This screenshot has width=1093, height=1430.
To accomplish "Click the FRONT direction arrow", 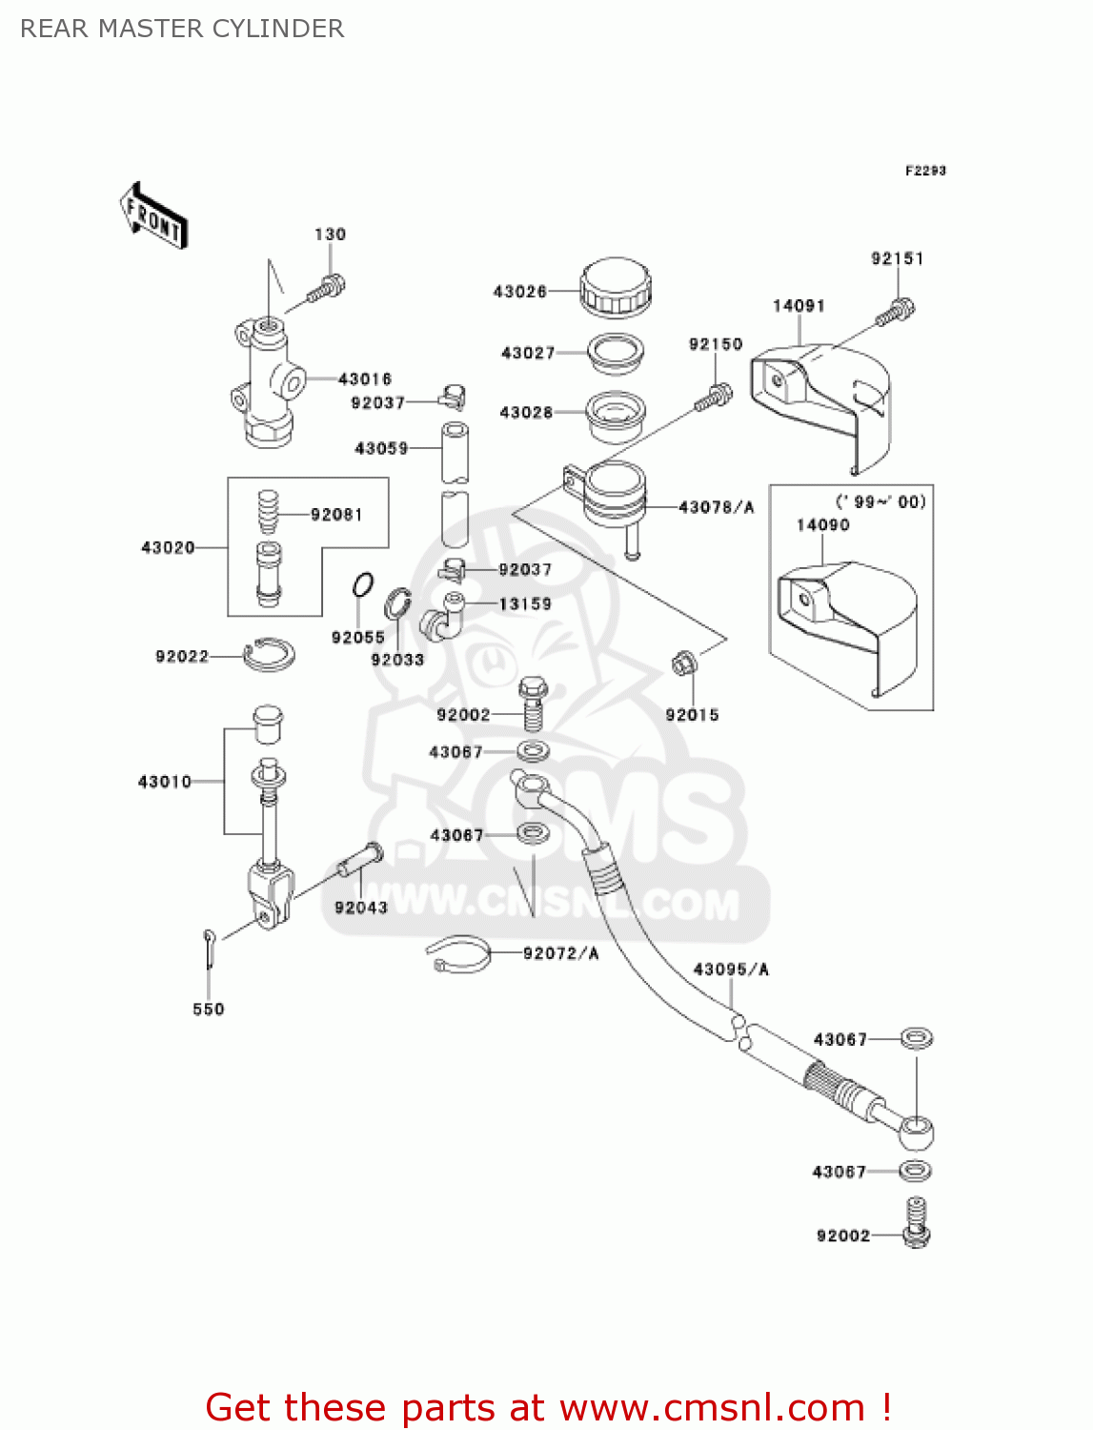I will (153, 216).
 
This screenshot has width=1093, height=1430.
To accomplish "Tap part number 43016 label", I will (364, 379).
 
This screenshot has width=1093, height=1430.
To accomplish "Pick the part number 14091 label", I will (799, 306).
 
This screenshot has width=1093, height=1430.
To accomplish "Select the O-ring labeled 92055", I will (362, 585).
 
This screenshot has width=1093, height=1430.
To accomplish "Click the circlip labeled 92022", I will (270, 654).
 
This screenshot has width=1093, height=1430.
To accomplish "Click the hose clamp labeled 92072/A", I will (458, 954).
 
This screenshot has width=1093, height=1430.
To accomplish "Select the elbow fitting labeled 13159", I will (443, 617).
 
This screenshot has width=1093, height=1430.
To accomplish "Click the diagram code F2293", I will (925, 171).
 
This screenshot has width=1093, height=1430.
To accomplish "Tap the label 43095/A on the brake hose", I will (731, 970).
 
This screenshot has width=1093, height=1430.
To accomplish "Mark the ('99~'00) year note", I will (880, 502).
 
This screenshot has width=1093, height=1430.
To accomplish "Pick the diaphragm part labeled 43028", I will (615, 416).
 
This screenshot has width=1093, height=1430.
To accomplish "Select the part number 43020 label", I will (168, 547).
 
